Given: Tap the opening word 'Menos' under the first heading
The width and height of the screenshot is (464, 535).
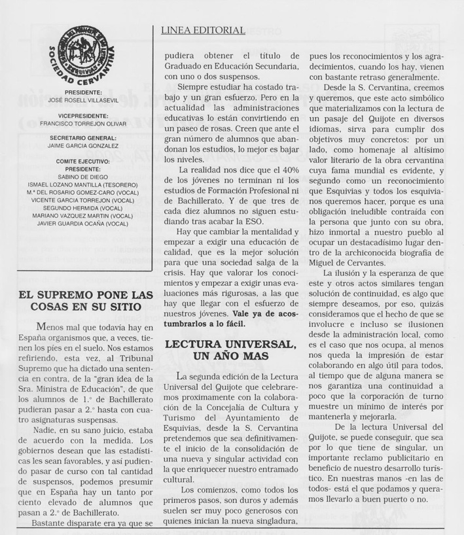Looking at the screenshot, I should coord(52,327).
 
